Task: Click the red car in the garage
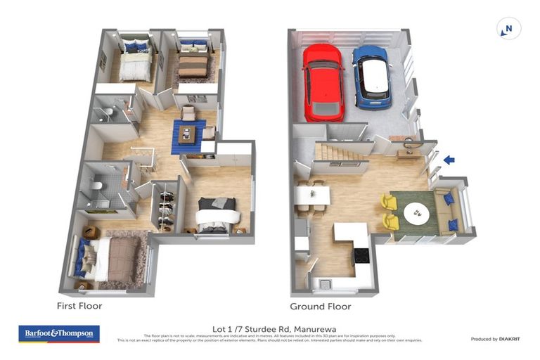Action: (x=323, y=82)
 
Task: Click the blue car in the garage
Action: (x=371, y=77)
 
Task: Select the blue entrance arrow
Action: (x=448, y=160)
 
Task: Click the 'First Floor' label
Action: (x=79, y=306)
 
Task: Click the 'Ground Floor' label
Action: (x=320, y=306)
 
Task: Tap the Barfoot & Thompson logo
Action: (x=59, y=333)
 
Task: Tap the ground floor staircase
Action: (x=341, y=150)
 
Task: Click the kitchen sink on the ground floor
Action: (x=325, y=284)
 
